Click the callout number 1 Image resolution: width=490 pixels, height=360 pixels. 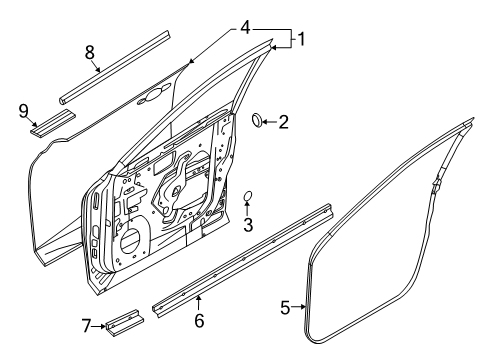(301, 39)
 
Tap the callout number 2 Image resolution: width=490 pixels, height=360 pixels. (283, 122)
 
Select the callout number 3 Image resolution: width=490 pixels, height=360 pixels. (248, 225)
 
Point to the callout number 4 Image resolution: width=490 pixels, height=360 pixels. (245, 27)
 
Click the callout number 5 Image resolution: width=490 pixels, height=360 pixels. (285, 307)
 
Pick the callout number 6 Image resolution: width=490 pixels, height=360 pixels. (199, 321)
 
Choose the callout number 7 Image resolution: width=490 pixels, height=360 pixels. (86, 326)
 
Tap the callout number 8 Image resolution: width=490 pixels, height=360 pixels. (90, 53)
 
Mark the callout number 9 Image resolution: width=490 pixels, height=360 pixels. (24, 111)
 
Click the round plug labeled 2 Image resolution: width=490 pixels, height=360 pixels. (257, 120)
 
